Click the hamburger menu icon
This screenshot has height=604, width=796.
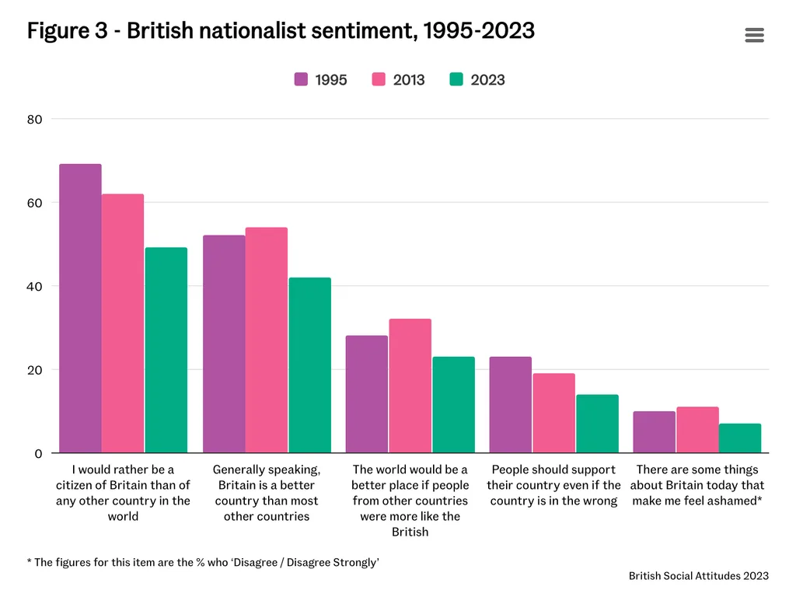click(x=754, y=35)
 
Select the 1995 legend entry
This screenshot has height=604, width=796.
click(x=321, y=79)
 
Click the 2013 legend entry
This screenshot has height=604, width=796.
click(x=399, y=79)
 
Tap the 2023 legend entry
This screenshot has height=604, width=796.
click(x=477, y=79)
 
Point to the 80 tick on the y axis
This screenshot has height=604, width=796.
click(x=35, y=119)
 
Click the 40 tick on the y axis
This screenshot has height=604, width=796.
click(x=35, y=286)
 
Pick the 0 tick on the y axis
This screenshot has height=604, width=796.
click(x=38, y=453)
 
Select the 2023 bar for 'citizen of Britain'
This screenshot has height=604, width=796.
click(x=166, y=351)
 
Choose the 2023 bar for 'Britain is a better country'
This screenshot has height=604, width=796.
click(x=309, y=365)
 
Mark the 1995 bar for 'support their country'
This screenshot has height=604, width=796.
click(x=510, y=405)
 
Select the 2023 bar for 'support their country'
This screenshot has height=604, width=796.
click(x=597, y=424)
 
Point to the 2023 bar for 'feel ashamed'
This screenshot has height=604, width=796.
click(x=740, y=438)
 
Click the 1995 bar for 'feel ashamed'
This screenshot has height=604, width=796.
click(x=654, y=432)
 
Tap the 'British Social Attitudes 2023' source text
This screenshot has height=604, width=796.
click(x=699, y=576)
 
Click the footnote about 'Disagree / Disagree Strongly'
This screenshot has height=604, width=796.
click(x=203, y=562)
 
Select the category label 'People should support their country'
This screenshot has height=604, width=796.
click(x=553, y=485)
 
